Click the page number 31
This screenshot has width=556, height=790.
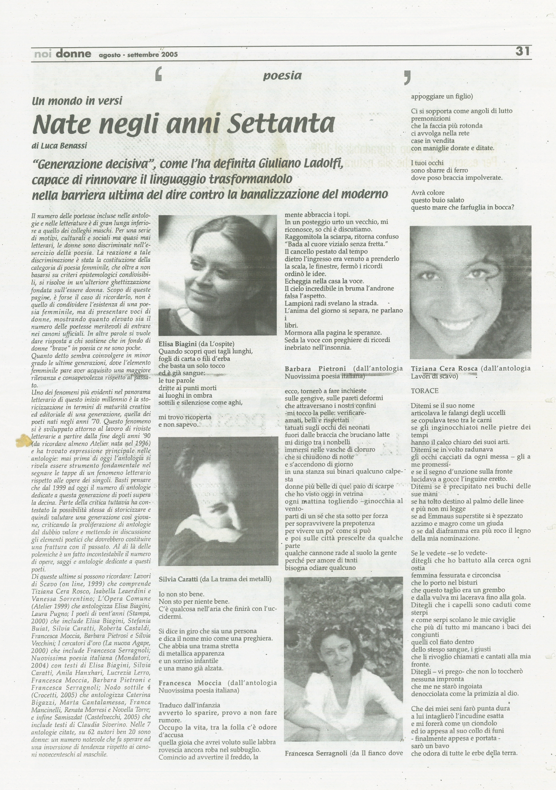coord(522,51)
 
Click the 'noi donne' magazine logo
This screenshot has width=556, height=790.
coord(63,54)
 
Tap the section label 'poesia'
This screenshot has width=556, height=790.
coord(282,76)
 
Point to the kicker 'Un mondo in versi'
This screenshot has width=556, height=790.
coord(77,101)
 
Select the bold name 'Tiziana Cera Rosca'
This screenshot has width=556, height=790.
coord(444,369)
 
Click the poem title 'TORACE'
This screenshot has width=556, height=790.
coord(425,391)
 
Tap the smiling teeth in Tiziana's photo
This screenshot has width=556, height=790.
coord(456,324)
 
